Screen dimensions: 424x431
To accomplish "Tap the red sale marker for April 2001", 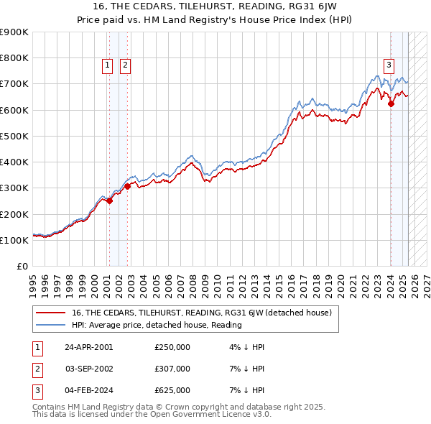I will [x=109, y=201].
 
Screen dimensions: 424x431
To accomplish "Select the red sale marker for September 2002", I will [x=126, y=186].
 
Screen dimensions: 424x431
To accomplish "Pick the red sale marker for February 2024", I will [x=391, y=103].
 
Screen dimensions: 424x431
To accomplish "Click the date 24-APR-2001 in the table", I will [x=89, y=347].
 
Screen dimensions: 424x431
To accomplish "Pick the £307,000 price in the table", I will [x=172, y=369].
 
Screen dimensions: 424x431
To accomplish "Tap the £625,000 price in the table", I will [x=172, y=390].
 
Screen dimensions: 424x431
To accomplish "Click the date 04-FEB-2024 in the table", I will [x=89, y=390].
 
